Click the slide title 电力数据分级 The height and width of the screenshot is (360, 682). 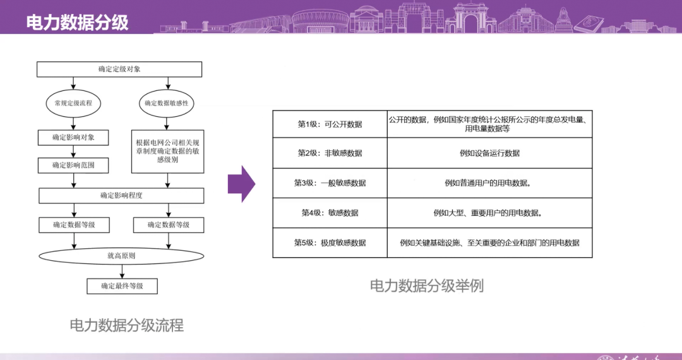point(78,23)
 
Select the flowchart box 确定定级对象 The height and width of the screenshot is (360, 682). point(119,69)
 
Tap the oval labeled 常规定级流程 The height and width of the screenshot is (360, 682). point(74,103)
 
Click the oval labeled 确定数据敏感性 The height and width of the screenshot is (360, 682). point(167,103)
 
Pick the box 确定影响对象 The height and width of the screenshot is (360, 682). point(74,137)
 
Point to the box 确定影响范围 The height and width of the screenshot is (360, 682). point(74,165)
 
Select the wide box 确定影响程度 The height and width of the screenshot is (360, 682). point(122,196)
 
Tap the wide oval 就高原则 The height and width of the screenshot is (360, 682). point(122,256)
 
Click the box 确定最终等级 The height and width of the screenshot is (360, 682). point(122,286)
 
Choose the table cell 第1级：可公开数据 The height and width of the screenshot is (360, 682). point(330,124)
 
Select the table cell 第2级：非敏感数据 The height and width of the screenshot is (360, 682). point(330,153)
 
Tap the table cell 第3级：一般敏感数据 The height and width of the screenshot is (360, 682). point(330,183)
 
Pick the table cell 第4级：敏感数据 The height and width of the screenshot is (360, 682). point(330,213)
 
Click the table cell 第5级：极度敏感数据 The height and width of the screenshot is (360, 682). point(330,243)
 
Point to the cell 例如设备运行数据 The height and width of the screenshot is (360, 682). point(490,153)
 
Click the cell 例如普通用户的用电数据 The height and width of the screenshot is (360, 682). point(490,183)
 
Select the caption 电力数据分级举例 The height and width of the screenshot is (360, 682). point(427,286)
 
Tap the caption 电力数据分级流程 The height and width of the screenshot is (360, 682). point(126,325)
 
